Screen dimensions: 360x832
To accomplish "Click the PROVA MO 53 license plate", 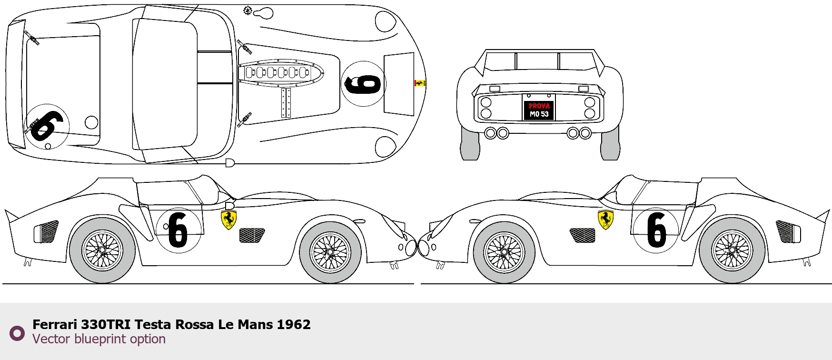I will (x=539, y=110).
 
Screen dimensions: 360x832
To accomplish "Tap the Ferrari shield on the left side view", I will (x=229, y=220).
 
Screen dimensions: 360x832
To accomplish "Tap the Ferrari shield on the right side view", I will (x=605, y=220).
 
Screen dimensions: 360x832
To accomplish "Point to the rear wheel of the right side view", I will (x=732, y=251).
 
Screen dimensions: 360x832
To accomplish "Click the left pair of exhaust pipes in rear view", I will (x=496, y=133).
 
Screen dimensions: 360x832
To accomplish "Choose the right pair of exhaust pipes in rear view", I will (x=579, y=133).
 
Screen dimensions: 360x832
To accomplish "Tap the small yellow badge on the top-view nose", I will (x=419, y=83).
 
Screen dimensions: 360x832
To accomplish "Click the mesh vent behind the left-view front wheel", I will (x=252, y=235).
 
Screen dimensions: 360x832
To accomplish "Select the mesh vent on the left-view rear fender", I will (x=47, y=231).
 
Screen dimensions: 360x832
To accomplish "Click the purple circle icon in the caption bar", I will (x=17, y=333).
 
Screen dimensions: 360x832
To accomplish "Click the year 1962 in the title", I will (x=294, y=325).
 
